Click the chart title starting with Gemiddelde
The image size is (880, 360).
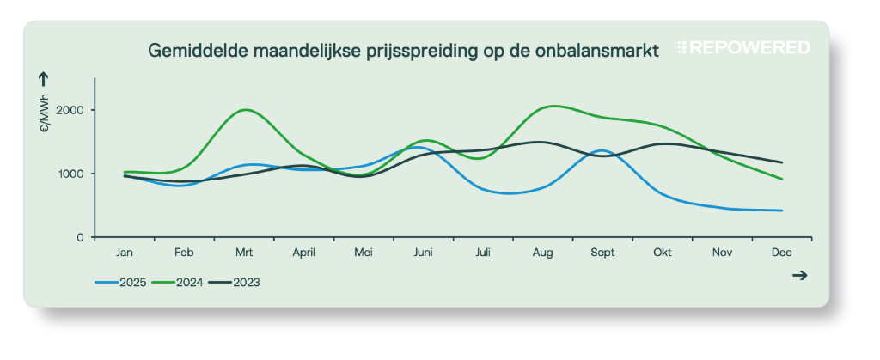point(404,51)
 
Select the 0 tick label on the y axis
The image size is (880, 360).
point(81,237)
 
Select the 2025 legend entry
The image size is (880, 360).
point(120,282)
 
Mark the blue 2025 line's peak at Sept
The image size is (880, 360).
point(602,150)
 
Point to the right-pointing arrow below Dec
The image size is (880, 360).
point(799,275)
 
